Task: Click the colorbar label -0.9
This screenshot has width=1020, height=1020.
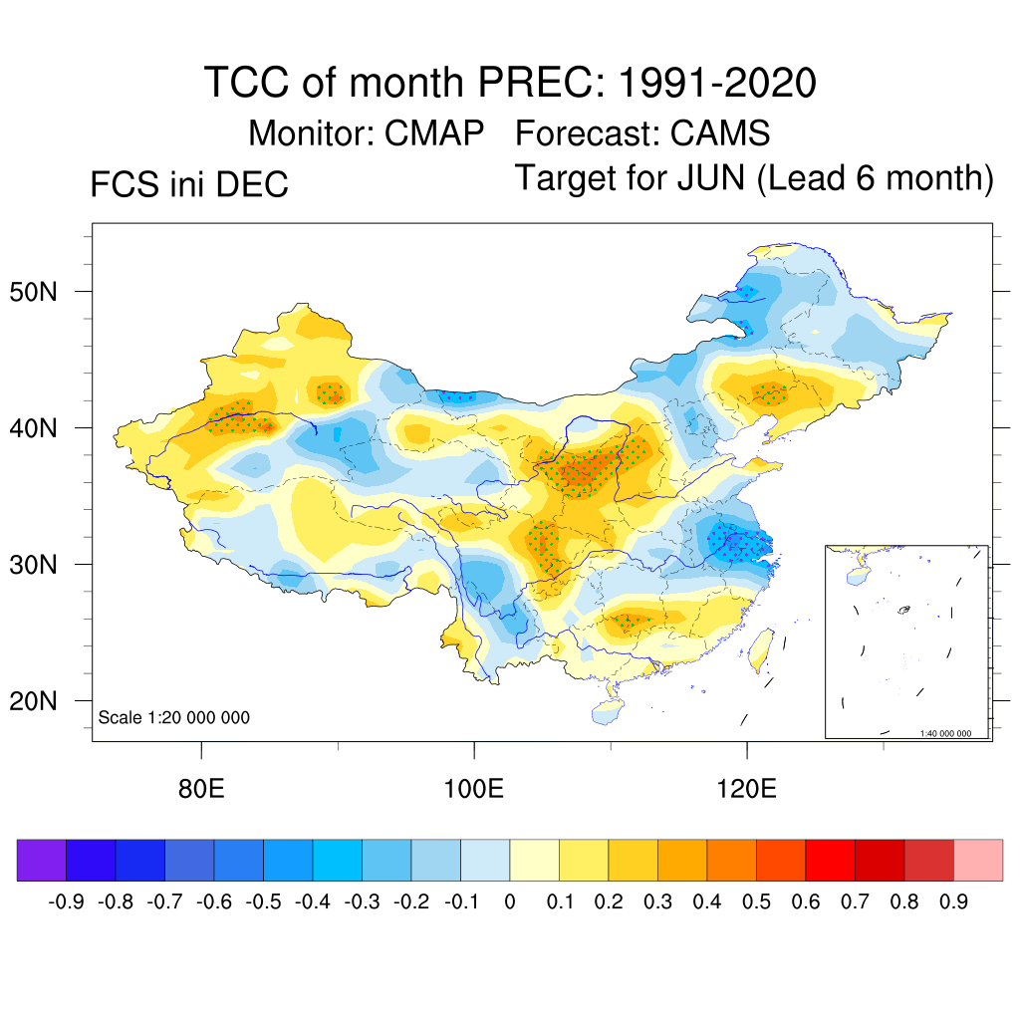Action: point(66,902)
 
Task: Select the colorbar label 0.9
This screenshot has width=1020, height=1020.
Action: point(953,902)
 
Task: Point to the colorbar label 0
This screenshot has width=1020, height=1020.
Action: point(510,902)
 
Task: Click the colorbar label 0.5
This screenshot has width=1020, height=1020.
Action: point(756,902)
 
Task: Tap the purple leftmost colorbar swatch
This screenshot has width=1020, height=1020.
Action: point(41,860)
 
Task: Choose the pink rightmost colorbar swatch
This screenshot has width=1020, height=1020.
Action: point(978,860)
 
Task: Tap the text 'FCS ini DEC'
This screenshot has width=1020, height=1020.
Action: point(189,185)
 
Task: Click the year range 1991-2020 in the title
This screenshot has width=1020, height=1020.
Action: point(717,82)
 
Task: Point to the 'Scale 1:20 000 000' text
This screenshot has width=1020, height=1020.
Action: point(174,718)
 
